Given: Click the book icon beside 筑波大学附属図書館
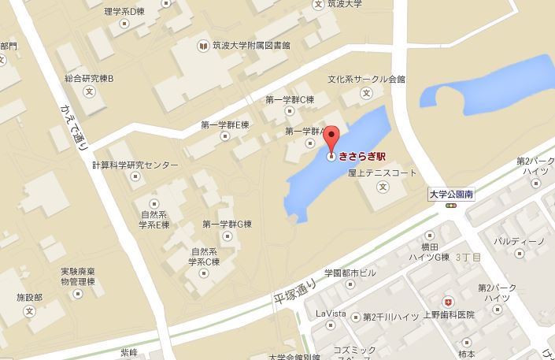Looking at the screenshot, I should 203,46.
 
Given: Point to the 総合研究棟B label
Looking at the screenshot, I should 89,79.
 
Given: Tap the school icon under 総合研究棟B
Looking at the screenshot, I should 89,93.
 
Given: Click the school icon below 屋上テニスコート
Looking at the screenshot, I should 383,187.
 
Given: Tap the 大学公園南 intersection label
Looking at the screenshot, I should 451,192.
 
